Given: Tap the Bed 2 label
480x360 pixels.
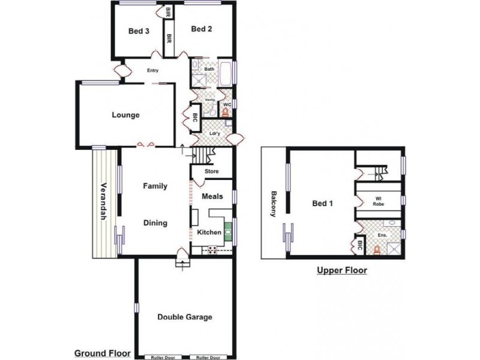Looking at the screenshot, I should point(202,28).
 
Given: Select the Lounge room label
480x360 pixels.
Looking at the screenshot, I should point(125,115).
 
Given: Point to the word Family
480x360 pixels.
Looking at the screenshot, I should point(155,186).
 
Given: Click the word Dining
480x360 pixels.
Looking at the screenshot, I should point(155,223).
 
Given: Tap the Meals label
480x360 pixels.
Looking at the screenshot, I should point(212,196).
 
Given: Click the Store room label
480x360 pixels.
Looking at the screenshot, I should point(211,172).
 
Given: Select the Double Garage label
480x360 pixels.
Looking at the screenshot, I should point(184,317).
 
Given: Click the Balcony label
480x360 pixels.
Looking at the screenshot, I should point(274,204).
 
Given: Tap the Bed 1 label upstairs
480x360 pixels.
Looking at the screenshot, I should point(322,203).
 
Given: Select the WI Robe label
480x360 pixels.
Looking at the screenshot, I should point(378,201).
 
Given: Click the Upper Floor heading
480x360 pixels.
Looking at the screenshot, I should point(341,271).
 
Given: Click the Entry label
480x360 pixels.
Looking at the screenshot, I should point(153,71).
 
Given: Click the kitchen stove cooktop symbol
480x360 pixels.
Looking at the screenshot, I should point(212,250).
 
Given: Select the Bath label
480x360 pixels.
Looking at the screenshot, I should point(209,70).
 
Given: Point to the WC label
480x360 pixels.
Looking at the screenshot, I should point(227,104).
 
